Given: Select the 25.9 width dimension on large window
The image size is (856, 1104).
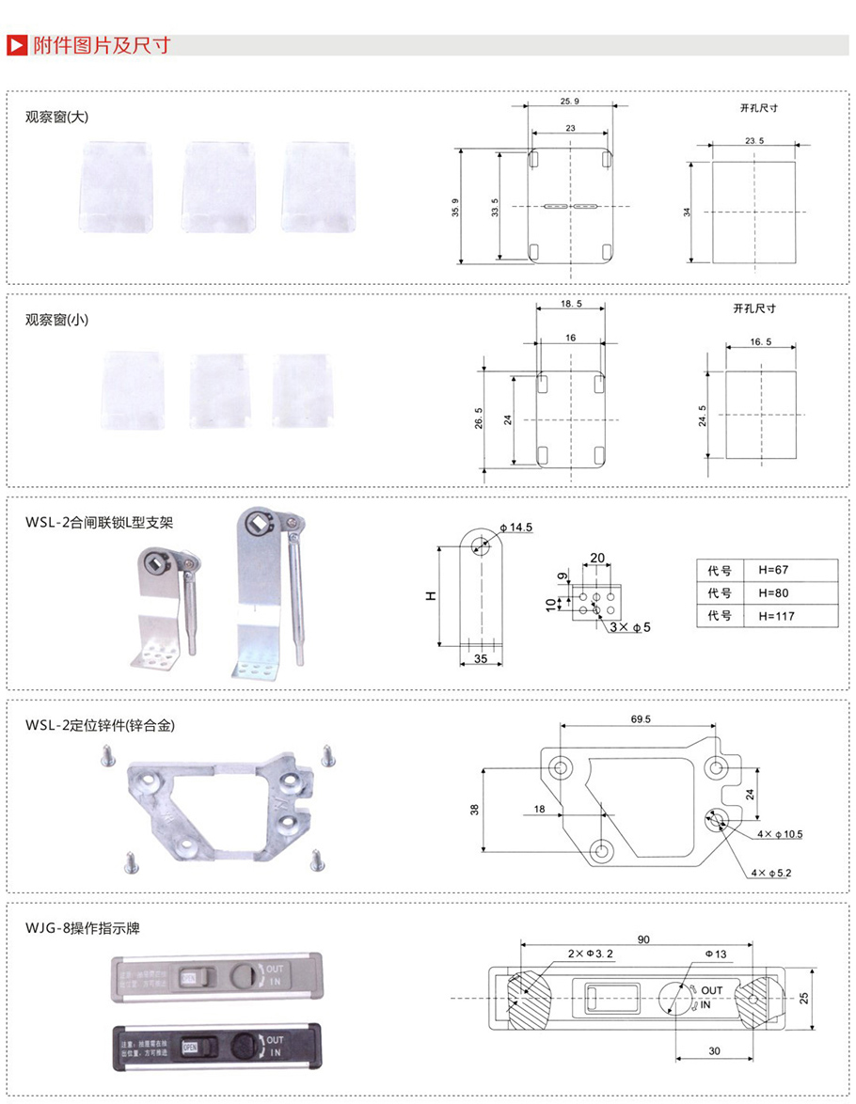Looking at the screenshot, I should point(569,101).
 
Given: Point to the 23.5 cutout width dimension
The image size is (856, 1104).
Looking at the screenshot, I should point(753,139).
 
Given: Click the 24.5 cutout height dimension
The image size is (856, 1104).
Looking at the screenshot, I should point(703,416).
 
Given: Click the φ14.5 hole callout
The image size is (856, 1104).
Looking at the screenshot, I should point(516,528).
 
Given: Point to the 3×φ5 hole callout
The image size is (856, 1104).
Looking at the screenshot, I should point(630,626).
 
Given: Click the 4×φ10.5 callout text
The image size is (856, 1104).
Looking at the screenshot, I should point(777,834).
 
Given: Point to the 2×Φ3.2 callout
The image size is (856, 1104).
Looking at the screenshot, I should point(591,954).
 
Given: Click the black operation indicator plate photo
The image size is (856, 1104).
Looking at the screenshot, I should point(217,1044).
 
